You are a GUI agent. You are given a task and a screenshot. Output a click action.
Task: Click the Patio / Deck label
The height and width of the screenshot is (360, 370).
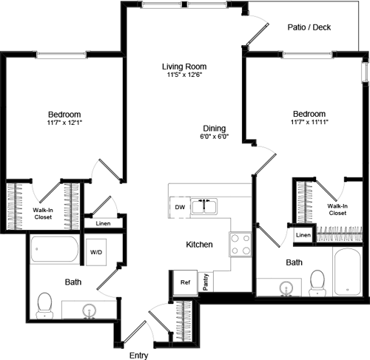coord(309,28)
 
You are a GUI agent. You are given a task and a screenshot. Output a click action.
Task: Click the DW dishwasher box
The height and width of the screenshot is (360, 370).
coord(179,208)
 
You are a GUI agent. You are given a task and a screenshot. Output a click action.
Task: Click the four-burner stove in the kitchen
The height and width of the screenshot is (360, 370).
coord(240,244)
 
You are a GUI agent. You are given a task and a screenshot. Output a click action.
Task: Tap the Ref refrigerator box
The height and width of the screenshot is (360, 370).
coord(184,282)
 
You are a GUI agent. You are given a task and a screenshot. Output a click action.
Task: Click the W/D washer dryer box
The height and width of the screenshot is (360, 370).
coord(97,251)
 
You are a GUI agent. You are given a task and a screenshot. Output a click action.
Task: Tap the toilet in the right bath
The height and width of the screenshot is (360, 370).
coord(318,280)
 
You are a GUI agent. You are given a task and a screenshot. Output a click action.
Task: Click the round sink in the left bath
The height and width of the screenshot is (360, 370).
coord(90,309)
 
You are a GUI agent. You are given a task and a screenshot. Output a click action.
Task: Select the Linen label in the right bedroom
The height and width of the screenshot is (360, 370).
coord(303,235)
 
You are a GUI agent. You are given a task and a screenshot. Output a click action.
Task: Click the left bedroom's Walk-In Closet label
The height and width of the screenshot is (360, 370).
coord(42,214)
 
